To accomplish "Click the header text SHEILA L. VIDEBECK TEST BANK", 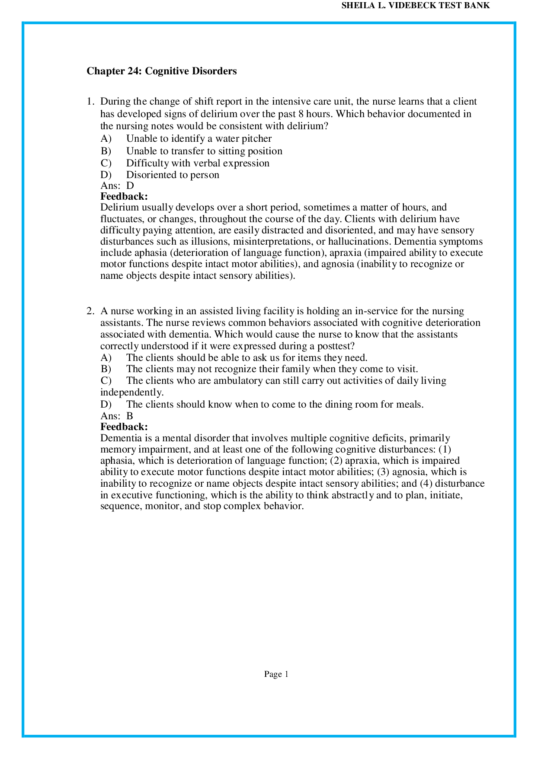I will click(416, 6).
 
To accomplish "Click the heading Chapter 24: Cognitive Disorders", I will click(161, 71).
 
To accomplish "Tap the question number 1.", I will click(90, 102).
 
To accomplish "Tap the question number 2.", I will click(90, 311).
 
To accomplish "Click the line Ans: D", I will click(117, 186).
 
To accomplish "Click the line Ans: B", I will click(117, 416).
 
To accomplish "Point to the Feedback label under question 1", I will click(124, 197).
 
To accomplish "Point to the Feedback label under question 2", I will click(124, 427).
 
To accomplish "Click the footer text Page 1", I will click(276, 674).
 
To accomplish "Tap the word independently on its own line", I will click(132, 392).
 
